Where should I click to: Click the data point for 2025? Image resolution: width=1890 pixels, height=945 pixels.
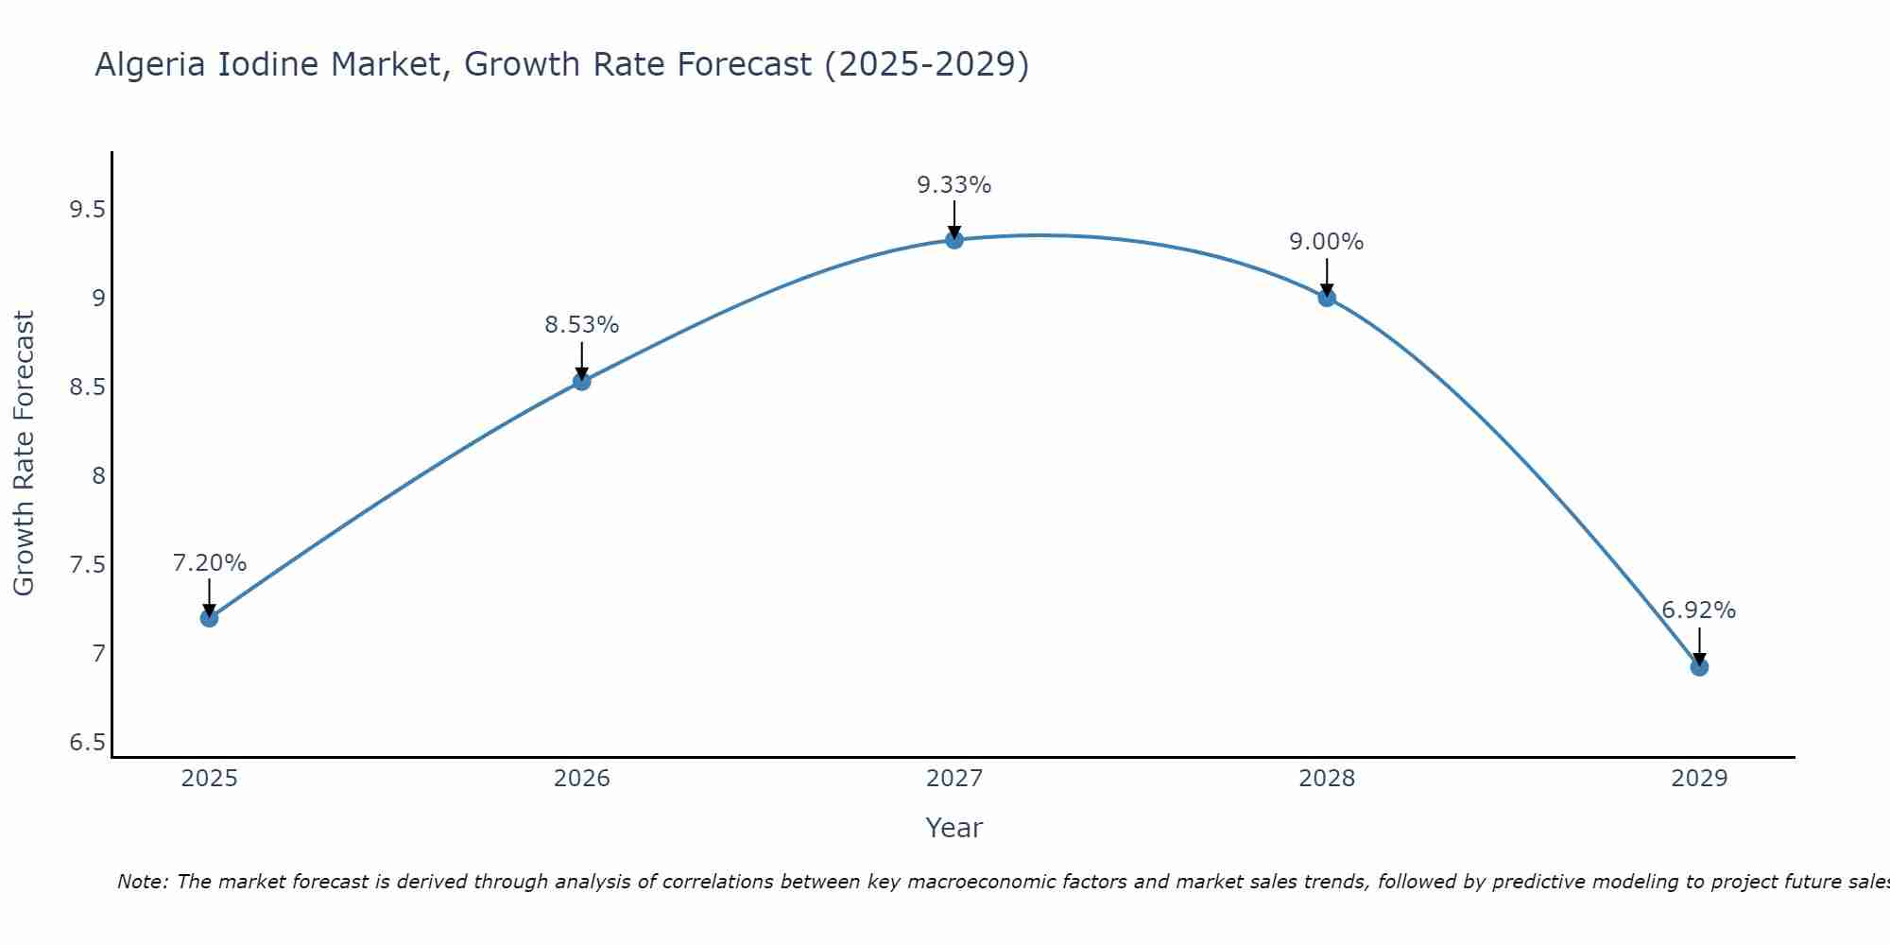209,618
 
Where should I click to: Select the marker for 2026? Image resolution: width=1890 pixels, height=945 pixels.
581,381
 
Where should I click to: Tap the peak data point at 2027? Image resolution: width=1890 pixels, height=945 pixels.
954,240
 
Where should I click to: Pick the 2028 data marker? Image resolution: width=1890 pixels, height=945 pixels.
1327,298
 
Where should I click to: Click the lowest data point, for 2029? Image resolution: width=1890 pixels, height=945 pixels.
1699,667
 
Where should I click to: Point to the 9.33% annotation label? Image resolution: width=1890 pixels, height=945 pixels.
954,185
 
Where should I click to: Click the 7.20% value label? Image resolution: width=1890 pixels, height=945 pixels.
209,563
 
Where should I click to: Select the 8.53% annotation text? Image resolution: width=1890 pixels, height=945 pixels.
581,325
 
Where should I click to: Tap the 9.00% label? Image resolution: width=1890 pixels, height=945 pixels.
1327,242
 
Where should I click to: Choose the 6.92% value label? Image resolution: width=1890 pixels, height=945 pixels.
1699,610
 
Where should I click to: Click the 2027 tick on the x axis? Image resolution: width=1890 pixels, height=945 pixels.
954,779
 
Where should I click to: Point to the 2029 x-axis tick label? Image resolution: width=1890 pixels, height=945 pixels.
1699,779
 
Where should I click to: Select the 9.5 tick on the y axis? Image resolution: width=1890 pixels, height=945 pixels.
87,210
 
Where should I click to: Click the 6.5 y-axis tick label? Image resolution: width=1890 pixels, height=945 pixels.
87,743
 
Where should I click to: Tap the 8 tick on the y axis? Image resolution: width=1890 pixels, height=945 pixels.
98,476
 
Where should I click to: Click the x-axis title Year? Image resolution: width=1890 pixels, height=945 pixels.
954,828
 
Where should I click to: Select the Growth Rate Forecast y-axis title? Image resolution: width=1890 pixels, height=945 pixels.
24,453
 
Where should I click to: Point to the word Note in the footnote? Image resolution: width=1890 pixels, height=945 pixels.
142,882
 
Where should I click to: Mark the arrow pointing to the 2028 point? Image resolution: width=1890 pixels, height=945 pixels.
1327,277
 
